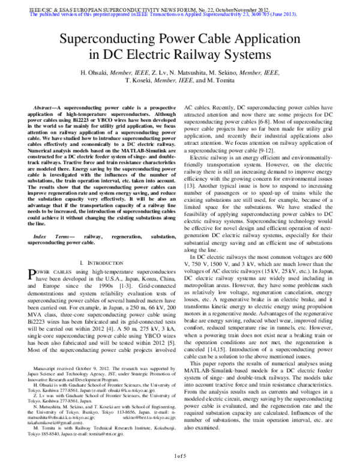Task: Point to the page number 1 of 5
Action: click(x=181, y=457)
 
